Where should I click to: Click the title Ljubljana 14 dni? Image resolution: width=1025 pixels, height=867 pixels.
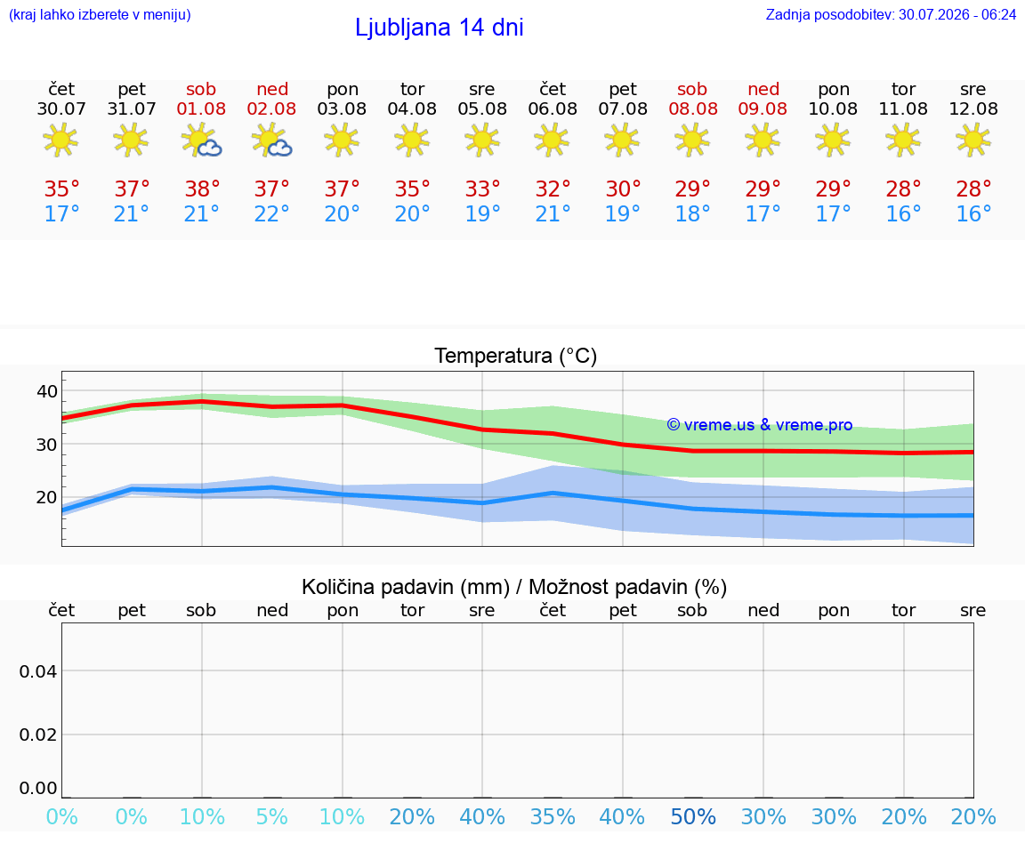[440, 28]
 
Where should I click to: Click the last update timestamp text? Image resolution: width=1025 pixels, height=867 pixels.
[891, 14]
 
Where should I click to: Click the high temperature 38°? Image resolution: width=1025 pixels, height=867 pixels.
[202, 189]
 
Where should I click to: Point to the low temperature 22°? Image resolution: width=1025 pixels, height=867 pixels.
[272, 213]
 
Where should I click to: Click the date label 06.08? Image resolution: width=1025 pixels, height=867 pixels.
[553, 108]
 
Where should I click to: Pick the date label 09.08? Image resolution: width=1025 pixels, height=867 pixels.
[763, 108]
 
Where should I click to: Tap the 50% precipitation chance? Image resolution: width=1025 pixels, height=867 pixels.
[693, 816]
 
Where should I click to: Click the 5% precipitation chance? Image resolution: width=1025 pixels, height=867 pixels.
[272, 816]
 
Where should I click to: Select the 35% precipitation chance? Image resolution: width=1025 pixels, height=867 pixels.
[553, 816]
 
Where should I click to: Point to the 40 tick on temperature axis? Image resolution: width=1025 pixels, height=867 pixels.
[47, 391]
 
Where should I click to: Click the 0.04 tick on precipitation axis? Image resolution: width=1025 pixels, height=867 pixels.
[38, 671]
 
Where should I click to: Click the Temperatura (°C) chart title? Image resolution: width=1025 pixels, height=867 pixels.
[516, 356]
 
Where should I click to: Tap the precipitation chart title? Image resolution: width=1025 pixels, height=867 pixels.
[513, 587]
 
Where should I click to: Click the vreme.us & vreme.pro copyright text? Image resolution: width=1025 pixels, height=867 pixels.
[760, 425]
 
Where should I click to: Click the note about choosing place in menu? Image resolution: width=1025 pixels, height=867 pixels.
[100, 14]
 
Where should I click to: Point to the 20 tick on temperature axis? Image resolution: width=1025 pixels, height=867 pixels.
[47, 497]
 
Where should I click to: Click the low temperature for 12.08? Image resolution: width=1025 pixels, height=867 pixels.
[973, 213]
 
